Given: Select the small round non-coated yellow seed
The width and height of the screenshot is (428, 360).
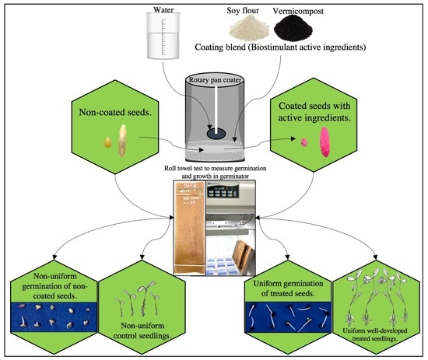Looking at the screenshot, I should pos(107,142).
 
